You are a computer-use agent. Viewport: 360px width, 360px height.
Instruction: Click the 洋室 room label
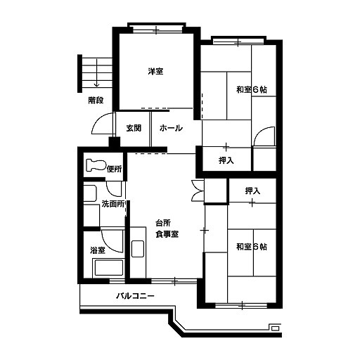point(155,71)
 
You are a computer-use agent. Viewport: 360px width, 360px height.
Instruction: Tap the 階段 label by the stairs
point(96,101)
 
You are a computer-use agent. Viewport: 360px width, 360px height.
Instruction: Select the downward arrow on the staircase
point(96,73)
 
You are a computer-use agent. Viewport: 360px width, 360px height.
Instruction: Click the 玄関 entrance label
point(134,128)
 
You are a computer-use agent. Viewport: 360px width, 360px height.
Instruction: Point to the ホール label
point(171,128)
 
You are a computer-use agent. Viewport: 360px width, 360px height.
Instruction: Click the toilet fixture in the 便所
point(96,165)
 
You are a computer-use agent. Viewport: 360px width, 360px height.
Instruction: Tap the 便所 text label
point(115,169)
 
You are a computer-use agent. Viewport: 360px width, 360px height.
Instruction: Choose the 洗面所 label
point(113,204)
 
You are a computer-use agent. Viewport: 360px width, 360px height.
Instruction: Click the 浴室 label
point(98,250)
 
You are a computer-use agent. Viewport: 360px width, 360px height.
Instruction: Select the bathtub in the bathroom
point(108,268)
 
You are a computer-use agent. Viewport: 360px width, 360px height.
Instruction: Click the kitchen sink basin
point(138,249)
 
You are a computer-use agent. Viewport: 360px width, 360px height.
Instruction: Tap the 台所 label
point(163,223)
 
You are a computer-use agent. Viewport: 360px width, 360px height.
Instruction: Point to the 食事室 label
point(167,234)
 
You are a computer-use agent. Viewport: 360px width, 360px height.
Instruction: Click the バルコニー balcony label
point(136,296)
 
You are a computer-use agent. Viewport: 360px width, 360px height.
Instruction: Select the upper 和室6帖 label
point(252,90)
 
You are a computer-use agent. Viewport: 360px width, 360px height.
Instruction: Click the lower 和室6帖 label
point(252,247)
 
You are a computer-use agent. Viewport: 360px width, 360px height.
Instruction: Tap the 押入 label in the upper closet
point(226,160)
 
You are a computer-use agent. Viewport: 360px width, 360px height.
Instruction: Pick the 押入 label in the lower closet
point(252,191)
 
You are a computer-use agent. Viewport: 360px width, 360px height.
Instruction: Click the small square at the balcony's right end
point(276,328)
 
